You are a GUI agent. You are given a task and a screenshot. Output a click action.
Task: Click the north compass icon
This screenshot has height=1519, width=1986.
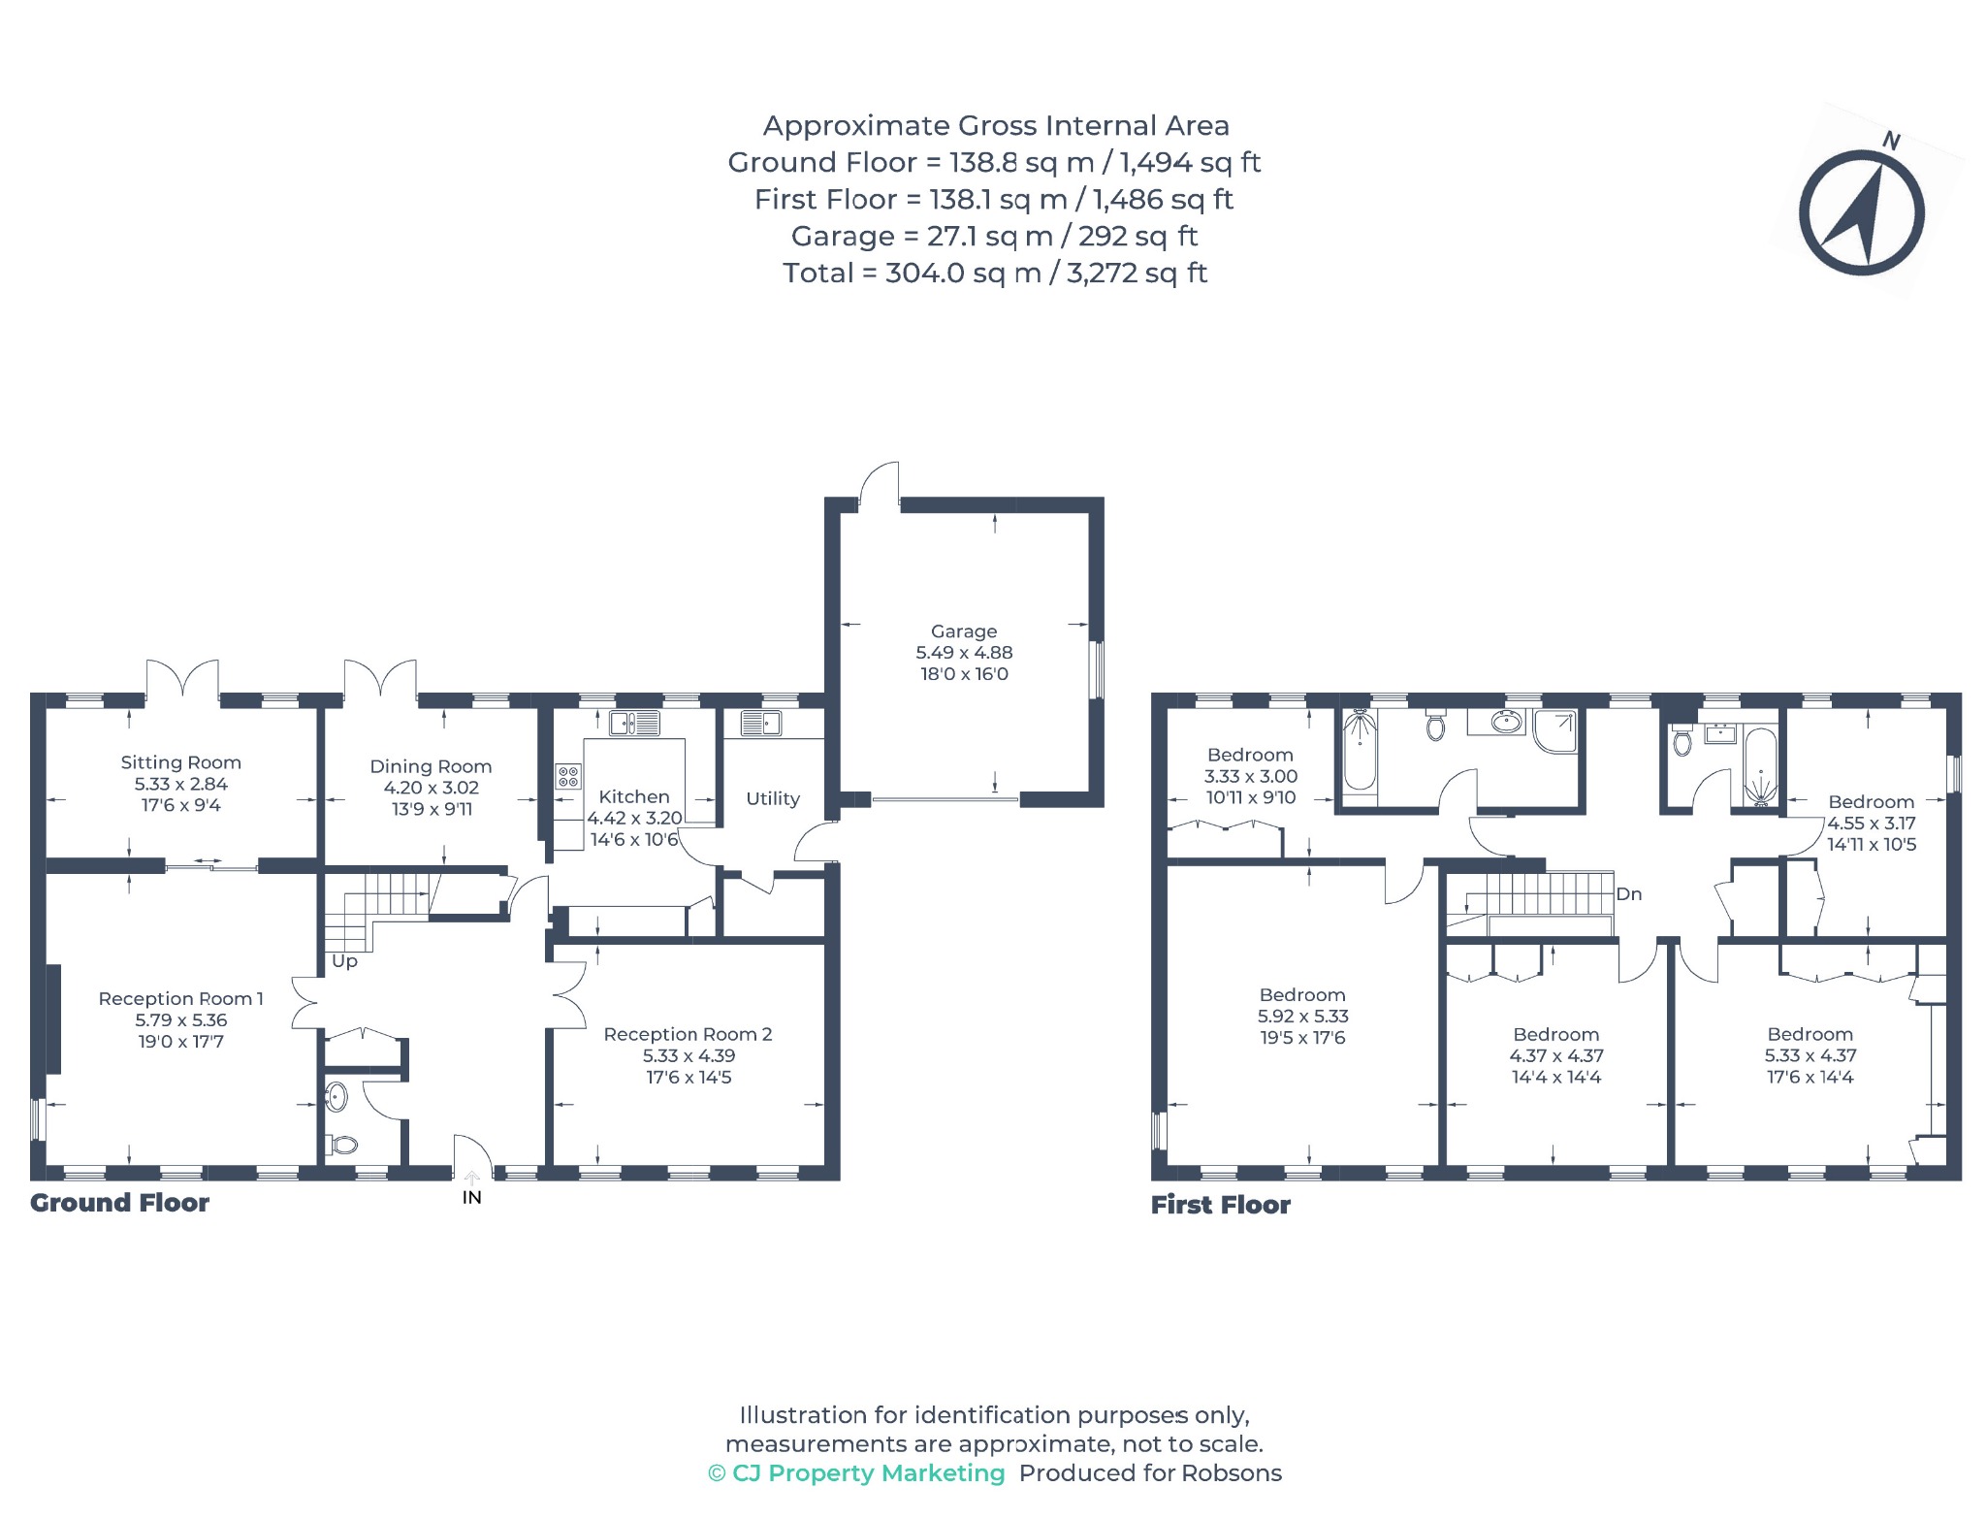click(x=1861, y=211)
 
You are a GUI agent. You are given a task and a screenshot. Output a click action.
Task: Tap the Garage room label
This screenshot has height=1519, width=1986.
click(x=964, y=631)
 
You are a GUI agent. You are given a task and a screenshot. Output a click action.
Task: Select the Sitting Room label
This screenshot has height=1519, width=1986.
click(x=180, y=762)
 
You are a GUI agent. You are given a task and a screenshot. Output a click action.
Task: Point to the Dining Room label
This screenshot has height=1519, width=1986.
click(x=431, y=766)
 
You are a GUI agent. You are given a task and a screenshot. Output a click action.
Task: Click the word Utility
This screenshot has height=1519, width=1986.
click(x=773, y=798)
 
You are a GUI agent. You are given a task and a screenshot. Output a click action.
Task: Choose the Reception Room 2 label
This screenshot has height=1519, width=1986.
click(x=688, y=1034)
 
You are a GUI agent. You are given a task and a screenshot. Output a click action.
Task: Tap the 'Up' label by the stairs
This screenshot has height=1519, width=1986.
click(x=344, y=961)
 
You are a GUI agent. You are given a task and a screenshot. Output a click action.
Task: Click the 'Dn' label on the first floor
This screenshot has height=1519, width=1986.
click(x=1629, y=894)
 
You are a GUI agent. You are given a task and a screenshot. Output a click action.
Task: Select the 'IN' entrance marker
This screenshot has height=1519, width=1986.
click(x=472, y=1198)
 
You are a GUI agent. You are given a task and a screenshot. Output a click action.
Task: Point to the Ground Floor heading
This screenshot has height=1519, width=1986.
click(x=119, y=1203)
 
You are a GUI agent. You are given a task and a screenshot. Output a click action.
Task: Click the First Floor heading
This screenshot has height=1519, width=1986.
click(x=1221, y=1205)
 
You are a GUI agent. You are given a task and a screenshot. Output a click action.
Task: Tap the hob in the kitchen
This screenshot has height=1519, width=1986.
click(x=568, y=776)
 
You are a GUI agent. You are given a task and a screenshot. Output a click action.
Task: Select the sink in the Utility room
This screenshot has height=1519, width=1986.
click(x=760, y=723)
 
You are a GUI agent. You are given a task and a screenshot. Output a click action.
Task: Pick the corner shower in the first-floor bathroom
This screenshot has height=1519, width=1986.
click(x=1554, y=730)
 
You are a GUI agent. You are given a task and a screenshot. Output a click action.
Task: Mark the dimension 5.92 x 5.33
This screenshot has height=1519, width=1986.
click(x=1302, y=1016)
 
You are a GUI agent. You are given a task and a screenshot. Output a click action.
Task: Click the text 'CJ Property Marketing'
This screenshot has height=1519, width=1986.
click(x=869, y=1472)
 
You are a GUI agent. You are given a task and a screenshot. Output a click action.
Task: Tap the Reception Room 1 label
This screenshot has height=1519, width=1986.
click(x=180, y=998)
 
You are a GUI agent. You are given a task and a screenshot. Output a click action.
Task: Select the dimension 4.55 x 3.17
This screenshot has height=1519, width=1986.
click(x=1871, y=823)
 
